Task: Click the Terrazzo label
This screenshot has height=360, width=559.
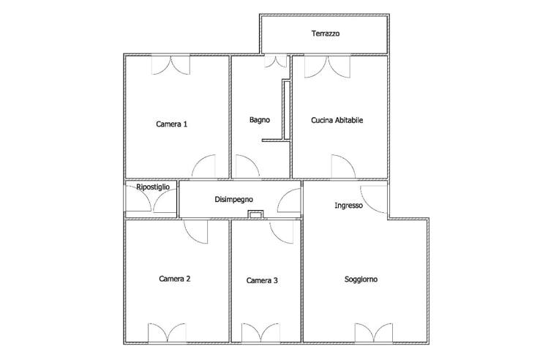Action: click(x=325, y=34)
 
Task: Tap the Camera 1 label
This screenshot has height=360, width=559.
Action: click(x=171, y=124)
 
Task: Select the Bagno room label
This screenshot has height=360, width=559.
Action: click(x=260, y=120)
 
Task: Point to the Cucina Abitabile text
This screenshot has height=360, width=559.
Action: click(x=337, y=120)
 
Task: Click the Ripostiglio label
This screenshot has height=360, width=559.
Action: click(x=153, y=187)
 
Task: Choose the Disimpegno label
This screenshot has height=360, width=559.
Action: click(x=234, y=199)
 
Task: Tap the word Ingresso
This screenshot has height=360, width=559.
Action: click(x=349, y=206)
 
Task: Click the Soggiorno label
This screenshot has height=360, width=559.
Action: click(x=361, y=279)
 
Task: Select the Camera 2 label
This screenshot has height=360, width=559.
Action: click(x=174, y=279)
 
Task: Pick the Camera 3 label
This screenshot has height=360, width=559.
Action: click(x=262, y=280)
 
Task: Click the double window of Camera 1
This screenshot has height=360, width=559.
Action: click(x=170, y=65)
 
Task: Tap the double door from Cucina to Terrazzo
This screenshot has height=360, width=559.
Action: click(x=327, y=67)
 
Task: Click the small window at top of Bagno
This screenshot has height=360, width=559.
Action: click(x=275, y=61)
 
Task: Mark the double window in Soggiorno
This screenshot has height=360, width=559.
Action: click(x=374, y=333)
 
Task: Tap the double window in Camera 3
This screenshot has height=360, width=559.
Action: click(x=260, y=333)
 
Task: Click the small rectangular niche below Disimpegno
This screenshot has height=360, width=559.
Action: click(x=255, y=214)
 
